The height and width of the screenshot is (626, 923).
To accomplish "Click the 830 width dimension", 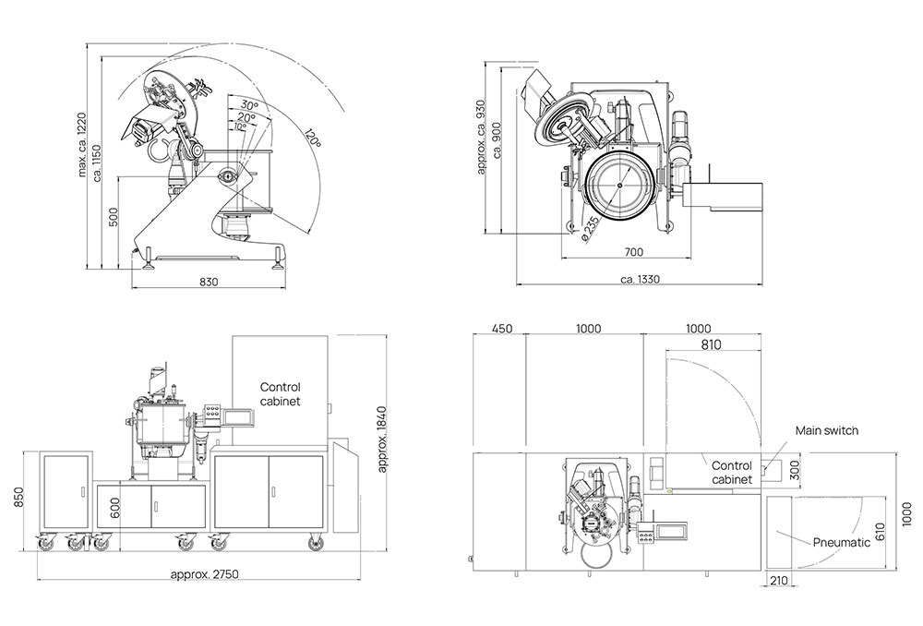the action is [x=209, y=283].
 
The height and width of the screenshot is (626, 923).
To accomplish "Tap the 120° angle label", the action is [x=313, y=138].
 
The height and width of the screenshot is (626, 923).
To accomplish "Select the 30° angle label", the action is [x=249, y=105].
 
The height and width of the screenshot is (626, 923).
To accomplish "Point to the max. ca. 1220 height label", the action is [x=82, y=145].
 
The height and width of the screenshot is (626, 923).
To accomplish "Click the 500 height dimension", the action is [x=114, y=217].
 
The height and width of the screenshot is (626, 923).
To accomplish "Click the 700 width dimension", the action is [x=633, y=252].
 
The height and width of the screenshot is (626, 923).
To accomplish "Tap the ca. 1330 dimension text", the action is [x=640, y=279].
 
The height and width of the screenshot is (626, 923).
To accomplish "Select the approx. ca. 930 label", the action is [x=481, y=138].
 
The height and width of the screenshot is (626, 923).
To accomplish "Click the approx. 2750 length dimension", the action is [x=204, y=573].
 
